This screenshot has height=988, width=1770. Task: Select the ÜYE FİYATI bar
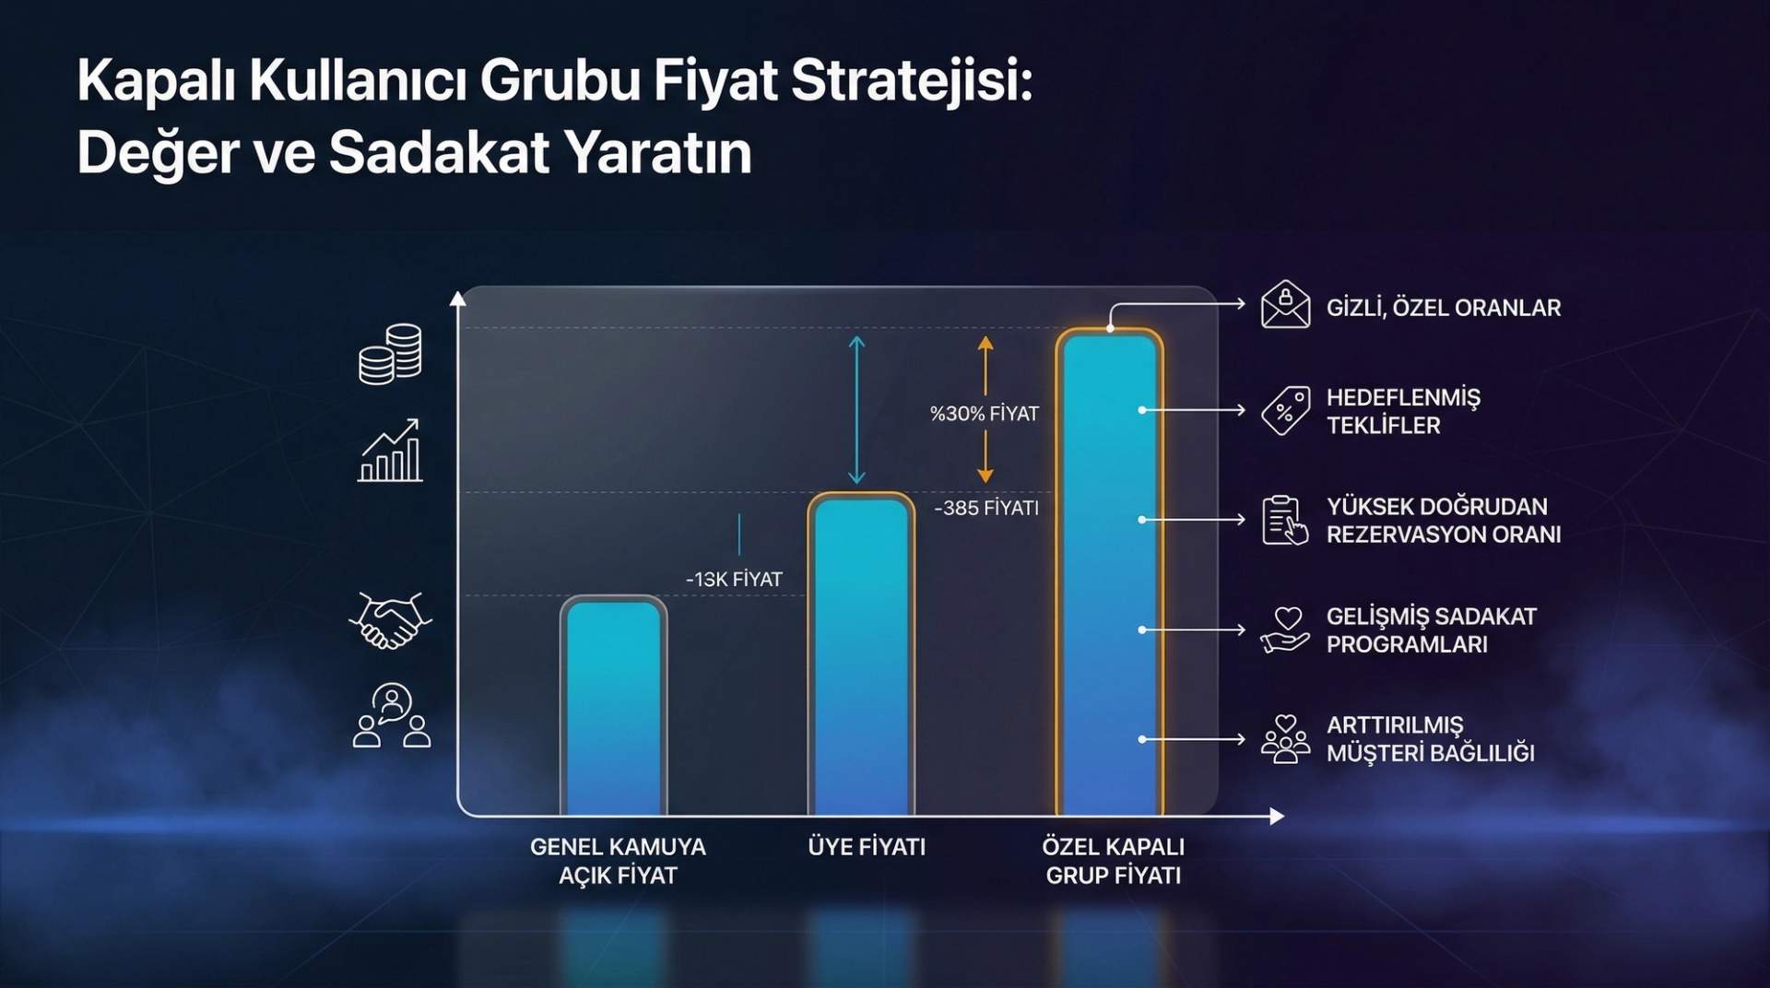(x=861, y=654)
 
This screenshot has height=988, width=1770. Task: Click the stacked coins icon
(x=390, y=354)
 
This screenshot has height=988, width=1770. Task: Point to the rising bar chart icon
(x=390, y=451)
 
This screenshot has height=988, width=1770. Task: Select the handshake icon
(x=390, y=620)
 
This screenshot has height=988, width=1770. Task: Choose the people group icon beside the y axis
(x=392, y=716)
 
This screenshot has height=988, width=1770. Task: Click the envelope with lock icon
(x=1285, y=305)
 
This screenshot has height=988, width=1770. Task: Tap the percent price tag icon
(x=1285, y=410)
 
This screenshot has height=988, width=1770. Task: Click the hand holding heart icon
(x=1285, y=629)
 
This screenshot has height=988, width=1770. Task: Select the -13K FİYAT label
(x=734, y=580)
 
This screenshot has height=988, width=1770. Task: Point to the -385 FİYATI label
(x=986, y=508)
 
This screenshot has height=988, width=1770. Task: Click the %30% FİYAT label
(x=984, y=414)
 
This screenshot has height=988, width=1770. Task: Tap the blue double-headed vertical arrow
(x=856, y=409)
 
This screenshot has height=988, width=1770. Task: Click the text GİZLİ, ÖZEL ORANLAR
(x=1443, y=308)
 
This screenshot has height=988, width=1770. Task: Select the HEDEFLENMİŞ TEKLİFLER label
(x=1402, y=411)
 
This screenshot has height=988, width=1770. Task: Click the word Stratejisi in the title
(x=911, y=81)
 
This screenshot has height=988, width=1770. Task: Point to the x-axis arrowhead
(x=1276, y=816)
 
